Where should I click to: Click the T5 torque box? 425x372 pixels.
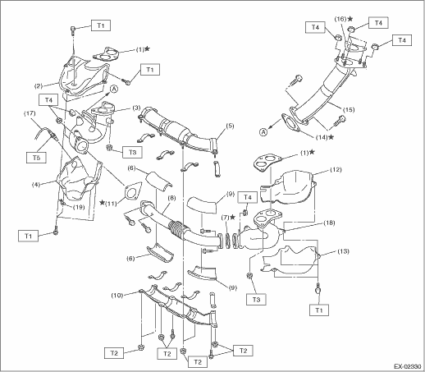(x=37, y=158)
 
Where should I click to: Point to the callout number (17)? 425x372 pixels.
(x=30, y=113)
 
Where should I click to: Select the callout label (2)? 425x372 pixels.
(x=39, y=86)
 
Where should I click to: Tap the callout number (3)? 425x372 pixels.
(x=137, y=108)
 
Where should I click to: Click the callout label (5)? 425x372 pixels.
(x=230, y=126)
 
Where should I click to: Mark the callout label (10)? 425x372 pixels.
(x=117, y=296)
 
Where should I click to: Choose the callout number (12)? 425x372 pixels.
(x=336, y=170)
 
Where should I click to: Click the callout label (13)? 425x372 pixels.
(x=343, y=251)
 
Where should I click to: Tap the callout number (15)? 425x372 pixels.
(x=348, y=110)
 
